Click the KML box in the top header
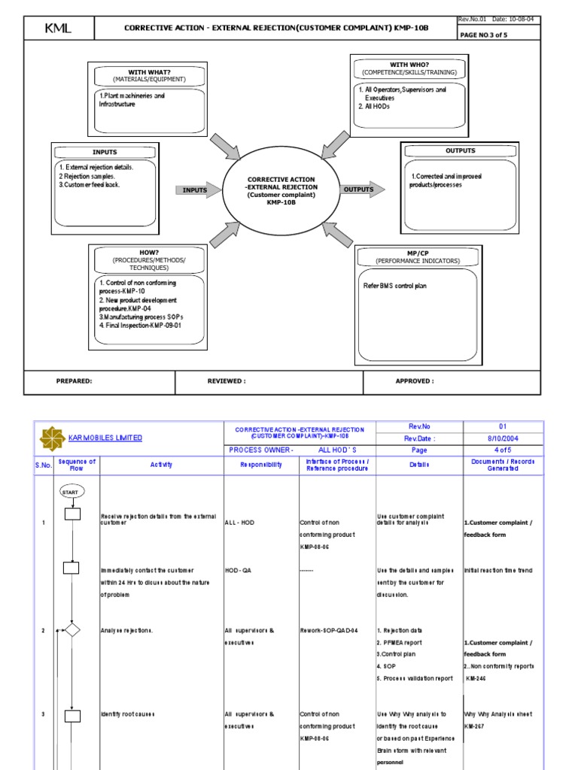58,29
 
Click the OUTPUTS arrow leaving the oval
361,189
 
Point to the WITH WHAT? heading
149,71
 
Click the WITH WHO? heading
407,65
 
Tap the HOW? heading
148,252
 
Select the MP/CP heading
416,253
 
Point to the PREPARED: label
75,381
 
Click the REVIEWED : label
227,381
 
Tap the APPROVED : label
415,381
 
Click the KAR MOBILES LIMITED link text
105,438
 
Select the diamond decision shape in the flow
72,630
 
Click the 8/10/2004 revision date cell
503,438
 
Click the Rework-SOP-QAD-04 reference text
328,630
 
